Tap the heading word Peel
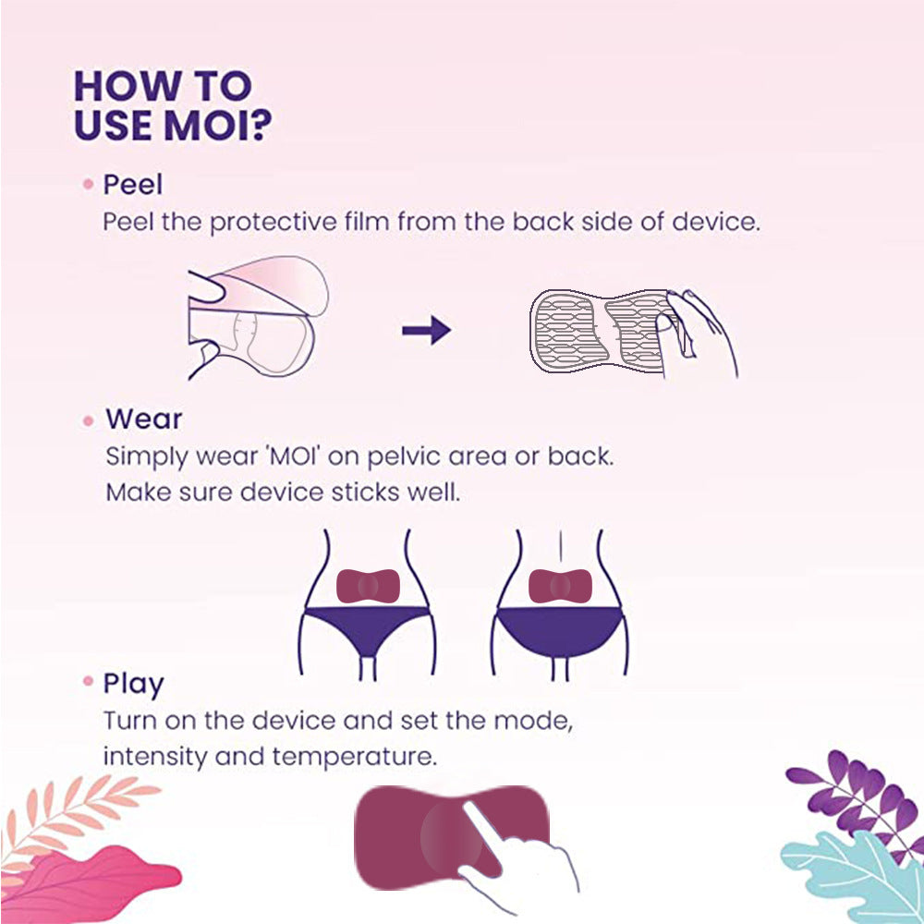pyautogui.click(x=132, y=185)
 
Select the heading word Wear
pyautogui.click(x=143, y=419)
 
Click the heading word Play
pyautogui.click(x=133, y=684)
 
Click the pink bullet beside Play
pyautogui.click(x=88, y=684)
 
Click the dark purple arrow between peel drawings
pyautogui.click(x=426, y=330)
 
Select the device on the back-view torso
pyautogui.click(x=559, y=585)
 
